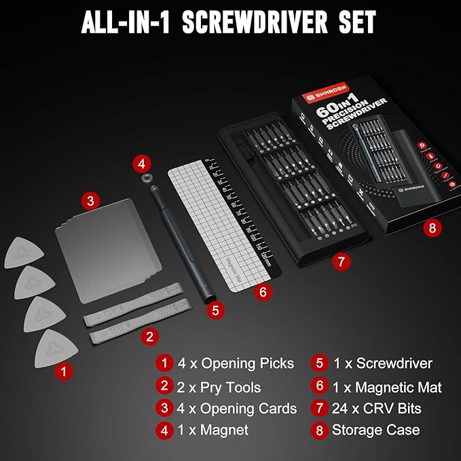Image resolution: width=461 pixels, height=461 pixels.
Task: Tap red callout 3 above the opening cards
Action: (90, 200)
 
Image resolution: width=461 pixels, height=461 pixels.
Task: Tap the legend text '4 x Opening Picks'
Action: (236, 363)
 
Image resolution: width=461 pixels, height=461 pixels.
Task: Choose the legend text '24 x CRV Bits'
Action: (377, 408)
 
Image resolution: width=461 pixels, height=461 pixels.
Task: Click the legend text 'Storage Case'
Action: (375, 430)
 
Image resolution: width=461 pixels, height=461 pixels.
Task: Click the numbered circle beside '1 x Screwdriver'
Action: (319, 363)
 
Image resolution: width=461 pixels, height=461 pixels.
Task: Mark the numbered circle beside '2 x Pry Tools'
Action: (164, 386)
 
